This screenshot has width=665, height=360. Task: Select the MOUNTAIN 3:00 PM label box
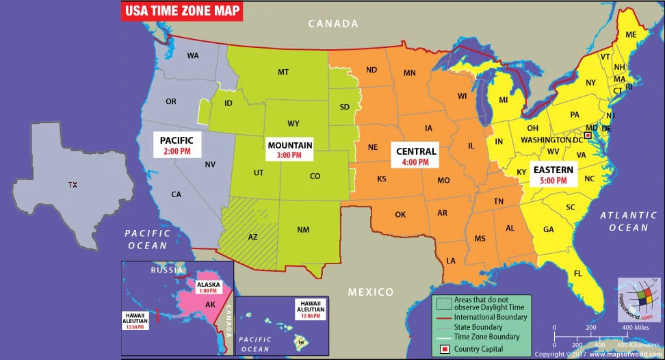(x=290, y=150)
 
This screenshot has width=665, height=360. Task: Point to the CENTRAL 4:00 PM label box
(x=415, y=157)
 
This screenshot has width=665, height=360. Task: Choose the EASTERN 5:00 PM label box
(x=553, y=175)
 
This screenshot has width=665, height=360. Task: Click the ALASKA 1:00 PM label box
(x=208, y=287)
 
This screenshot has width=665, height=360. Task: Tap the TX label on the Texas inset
(x=73, y=185)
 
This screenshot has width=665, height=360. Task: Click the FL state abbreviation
(x=577, y=273)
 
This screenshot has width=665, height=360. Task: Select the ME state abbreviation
(x=630, y=35)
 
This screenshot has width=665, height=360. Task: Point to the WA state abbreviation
(x=193, y=55)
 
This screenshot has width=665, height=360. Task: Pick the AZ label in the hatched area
(x=252, y=237)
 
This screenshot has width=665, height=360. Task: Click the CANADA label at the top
(x=333, y=24)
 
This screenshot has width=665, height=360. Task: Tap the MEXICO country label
(x=371, y=292)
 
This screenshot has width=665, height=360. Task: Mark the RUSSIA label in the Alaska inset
(x=168, y=270)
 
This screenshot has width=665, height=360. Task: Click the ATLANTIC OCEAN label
(x=624, y=222)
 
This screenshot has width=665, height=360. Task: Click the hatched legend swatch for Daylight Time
(x=444, y=302)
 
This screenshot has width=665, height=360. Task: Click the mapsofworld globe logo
(x=639, y=298)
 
